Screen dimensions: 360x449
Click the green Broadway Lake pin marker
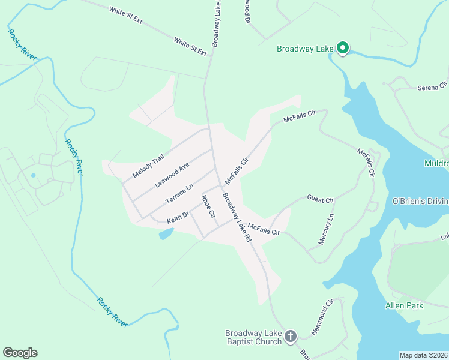coord(343,47)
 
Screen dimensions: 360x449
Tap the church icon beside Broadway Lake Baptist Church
coord(291,336)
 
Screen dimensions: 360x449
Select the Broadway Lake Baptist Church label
coord(253,337)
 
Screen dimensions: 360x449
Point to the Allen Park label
coord(404,305)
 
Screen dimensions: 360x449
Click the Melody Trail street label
coord(148,166)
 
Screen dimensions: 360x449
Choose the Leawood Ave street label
coord(172,175)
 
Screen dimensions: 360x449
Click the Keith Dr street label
coord(178,217)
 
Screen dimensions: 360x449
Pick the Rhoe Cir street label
coord(208,206)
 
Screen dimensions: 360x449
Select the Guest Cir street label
coord(319,199)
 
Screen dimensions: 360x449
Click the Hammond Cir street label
coord(322,317)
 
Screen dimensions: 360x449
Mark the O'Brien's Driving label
coord(420,200)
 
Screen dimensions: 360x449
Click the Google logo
coord(20,353)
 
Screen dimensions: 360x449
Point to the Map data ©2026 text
coord(423,355)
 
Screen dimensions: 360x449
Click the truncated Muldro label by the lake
coord(436,163)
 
